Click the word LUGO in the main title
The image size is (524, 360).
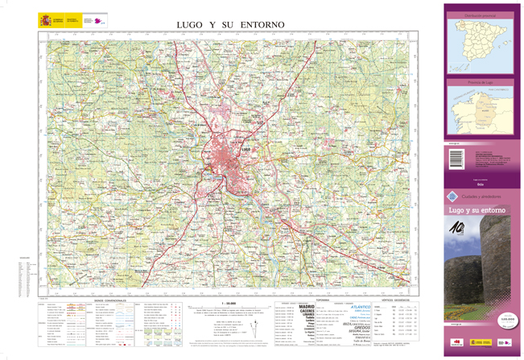click(x=190, y=25)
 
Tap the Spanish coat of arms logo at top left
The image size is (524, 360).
click(x=44, y=19)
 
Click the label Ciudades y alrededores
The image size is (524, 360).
click(x=481, y=196)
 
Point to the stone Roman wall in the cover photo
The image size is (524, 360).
click(x=499, y=266)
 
